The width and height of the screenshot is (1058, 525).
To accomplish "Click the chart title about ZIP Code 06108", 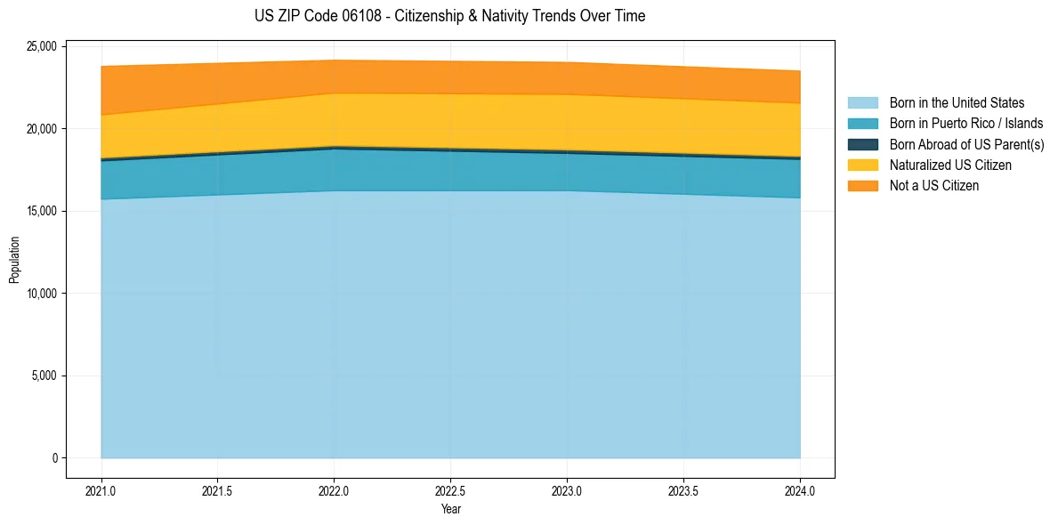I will (449, 16).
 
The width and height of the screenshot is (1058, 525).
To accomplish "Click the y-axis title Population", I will (14, 260).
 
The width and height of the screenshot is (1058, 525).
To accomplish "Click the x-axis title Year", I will (450, 509).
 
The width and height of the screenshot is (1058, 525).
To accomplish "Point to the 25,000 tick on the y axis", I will (41, 46).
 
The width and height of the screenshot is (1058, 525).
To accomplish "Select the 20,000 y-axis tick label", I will (41, 129).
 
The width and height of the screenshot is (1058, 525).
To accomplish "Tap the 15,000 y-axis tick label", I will (41, 211).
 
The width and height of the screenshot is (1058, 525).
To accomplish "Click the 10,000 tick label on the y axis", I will (41, 294).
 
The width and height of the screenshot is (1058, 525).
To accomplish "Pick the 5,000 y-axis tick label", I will (44, 376).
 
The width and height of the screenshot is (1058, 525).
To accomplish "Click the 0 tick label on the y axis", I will (54, 458).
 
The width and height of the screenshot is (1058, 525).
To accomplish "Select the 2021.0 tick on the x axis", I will (101, 490).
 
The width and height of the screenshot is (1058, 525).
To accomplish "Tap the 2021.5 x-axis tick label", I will (218, 490).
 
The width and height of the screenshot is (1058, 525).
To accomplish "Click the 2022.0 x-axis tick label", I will (334, 490).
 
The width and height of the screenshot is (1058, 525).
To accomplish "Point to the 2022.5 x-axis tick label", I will (450, 490).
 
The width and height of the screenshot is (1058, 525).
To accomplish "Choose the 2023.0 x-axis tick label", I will (567, 490).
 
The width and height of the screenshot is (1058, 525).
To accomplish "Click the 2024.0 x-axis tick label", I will (800, 490).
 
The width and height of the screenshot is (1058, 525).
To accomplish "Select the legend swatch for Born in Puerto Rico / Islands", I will (862, 124).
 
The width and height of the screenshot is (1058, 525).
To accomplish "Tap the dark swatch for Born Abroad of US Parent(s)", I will (862, 144).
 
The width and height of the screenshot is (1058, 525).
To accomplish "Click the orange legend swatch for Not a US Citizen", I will (862, 185).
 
